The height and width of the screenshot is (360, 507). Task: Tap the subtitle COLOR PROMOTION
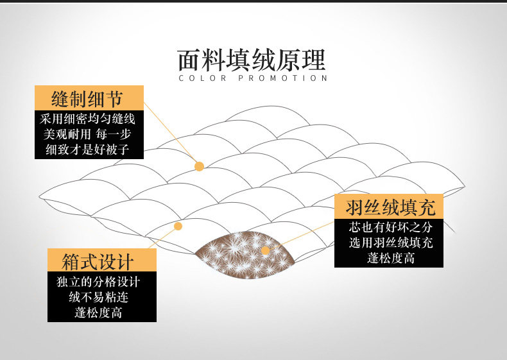tap(253, 78)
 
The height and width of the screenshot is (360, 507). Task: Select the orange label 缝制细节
tap(87, 99)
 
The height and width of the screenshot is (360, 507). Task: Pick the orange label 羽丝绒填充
tap(390, 207)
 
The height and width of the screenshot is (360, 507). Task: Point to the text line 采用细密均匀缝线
tap(88, 119)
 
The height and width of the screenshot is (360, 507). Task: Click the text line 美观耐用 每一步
tap(88, 135)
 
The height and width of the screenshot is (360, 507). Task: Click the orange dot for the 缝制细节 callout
tap(199, 166)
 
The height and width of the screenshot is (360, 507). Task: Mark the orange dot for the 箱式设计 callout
tap(178, 226)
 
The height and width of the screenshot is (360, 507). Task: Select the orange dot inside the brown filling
tap(265, 250)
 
